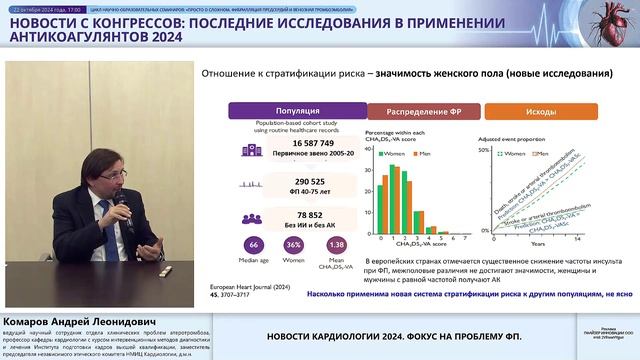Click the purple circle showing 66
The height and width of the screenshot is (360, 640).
click(x=253, y=246)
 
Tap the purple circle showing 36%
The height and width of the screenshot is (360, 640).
click(x=294, y=246)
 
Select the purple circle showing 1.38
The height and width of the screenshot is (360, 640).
click(x=336, y=246)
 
